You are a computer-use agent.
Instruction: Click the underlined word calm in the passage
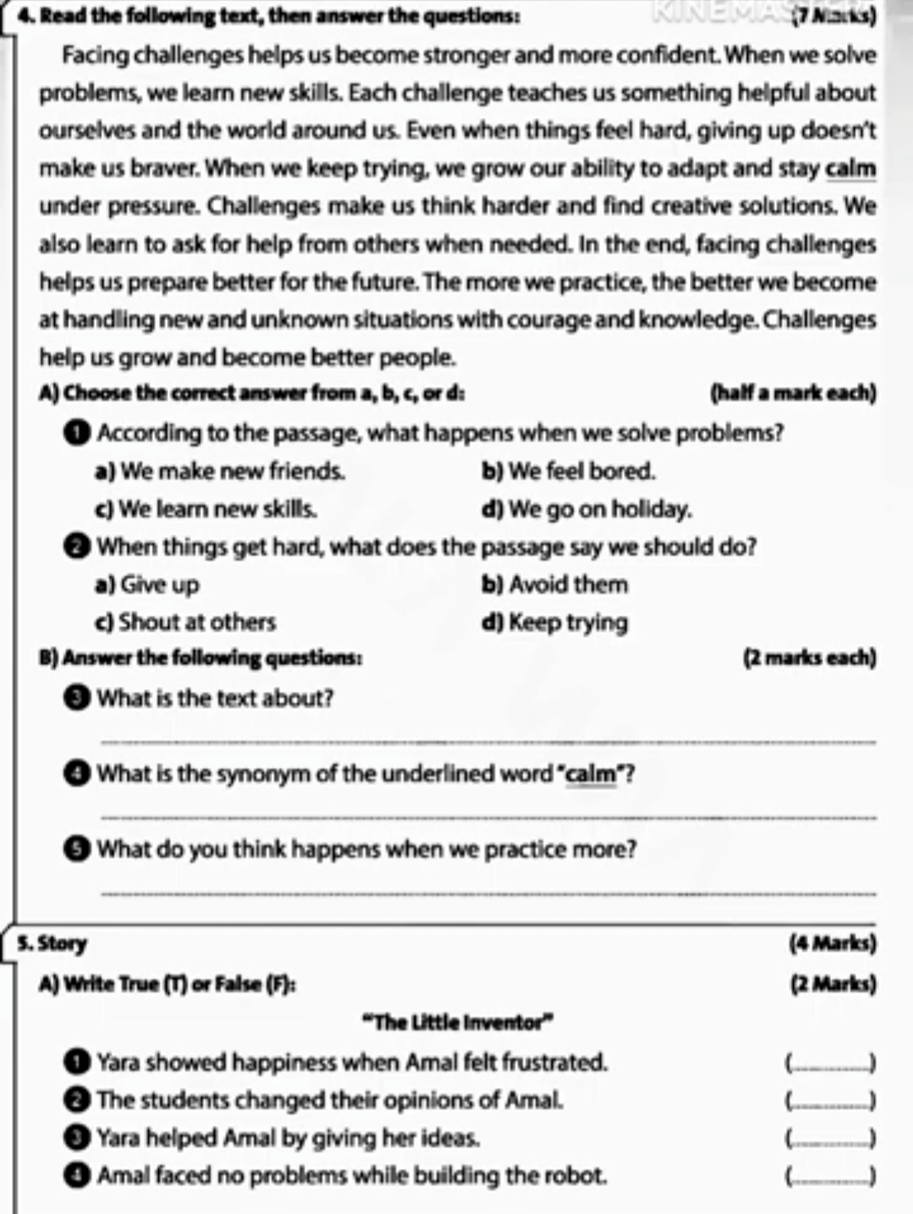pyautogui.click(x=850, y=169)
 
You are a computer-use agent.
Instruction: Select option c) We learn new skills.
pyautogui.click(x=206, y=509)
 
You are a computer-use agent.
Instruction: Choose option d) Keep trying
pyautogui.click(x=555, y=623)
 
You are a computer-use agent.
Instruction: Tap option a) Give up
pyautogui.click(x=148, y=585)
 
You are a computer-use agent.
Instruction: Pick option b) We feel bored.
pyautogui.click(x=568, y=471)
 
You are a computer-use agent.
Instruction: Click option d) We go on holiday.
pyautogui.click(x=587, y=509)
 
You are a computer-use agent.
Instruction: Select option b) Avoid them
pyautogui.click(x=555, y=585)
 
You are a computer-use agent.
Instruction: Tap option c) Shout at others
pyautogui.click(x=186, y=623)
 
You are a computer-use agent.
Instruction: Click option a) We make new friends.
pyautogui.click(x=220, y=471)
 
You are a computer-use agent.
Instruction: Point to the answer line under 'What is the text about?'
pyautogui.click(x=488, y=741)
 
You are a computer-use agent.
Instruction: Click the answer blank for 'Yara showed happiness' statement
pyautogui.click(x=830, y=1064)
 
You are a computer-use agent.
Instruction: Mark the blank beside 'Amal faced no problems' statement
pyautogui.click(x=830, y=1177)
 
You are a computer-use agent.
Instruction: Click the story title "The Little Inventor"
pyautogui.click(x=456, y=1023)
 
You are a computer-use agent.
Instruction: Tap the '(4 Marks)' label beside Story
pyautogui.click(x=832, y=943)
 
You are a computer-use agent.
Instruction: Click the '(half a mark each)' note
pyautogui.click(x=793, y=393)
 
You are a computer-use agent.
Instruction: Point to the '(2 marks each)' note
pyautogui.click(x=809, y=658)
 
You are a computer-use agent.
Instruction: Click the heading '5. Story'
pyautogui.click(x=52, y=943)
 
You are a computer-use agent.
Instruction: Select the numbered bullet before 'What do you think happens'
pyautogui.click(x=77, y=850)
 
